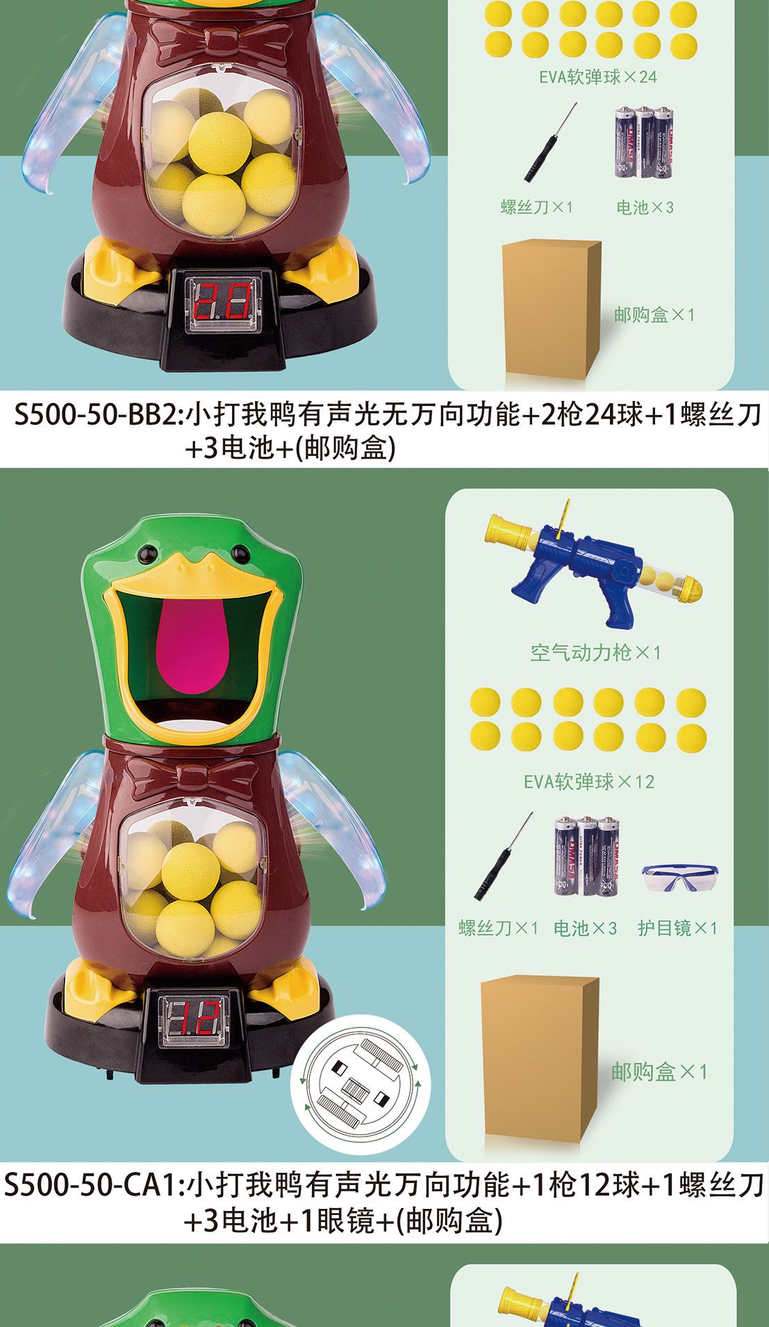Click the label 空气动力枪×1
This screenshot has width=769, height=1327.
pyautogui.click(x=595, y=652)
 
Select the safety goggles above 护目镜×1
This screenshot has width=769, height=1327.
pyautogui.click(x=680, y=877)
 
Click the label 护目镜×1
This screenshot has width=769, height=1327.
pyautogui.click(x=677, y=927)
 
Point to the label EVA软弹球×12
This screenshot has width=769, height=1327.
pyautogui.click(x=589, y=781)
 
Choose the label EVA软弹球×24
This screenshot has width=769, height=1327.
pyautogui.click(x=598, y=76)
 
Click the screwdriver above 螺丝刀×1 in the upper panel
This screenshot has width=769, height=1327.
pyautogui.click(x=551, y=143)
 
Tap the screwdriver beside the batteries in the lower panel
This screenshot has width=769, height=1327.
pyautogui.click(x=503, y=856)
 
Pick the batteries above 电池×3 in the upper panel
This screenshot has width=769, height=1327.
pyautogui.click(x=643, y=142)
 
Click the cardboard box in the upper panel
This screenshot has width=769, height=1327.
pyautogui.click(x=552, y=309)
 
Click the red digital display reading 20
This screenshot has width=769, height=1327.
pyautogui.click(x=223, y=300)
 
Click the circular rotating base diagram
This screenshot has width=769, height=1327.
pyautogui.click(x=361, y=1084)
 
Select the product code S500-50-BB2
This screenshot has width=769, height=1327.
pyautogui.click(x=97, y=414)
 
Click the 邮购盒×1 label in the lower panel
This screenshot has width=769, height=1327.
pyautogui.click(x=659, y=1072)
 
